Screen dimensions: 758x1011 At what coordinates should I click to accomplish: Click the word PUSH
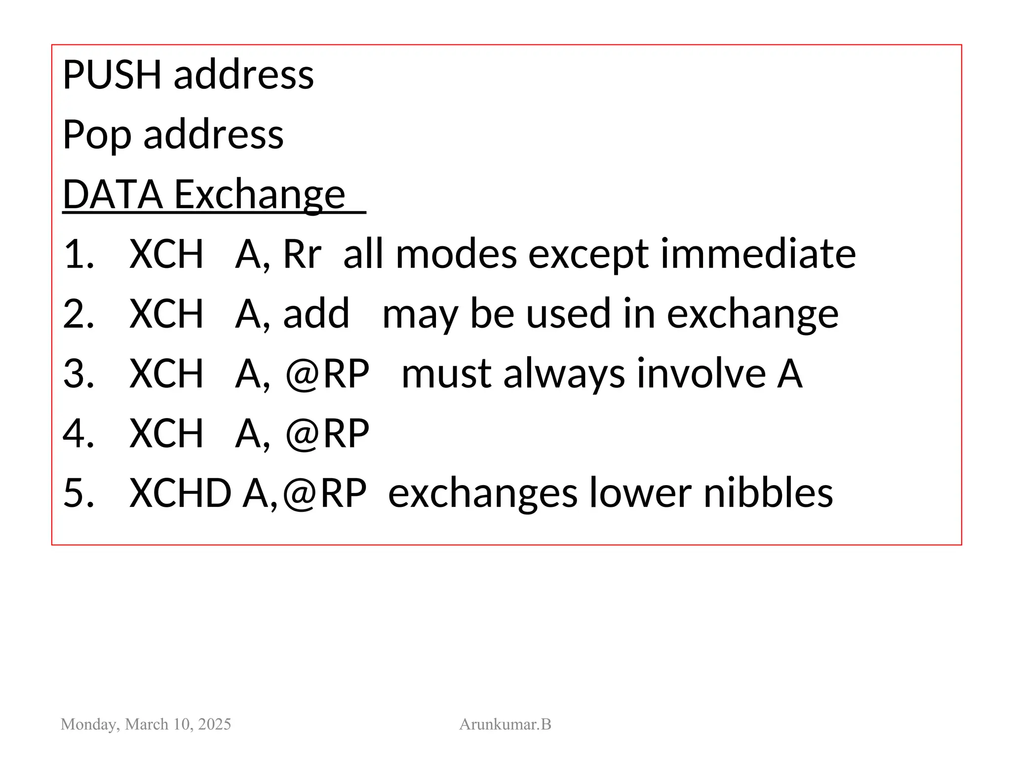[x=112, y=75]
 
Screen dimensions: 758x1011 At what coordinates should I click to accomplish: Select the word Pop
[x=97, y=135]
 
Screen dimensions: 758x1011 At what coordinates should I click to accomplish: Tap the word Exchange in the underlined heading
[x=260, y=194]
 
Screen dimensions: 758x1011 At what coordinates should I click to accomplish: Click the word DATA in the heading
[x=113, y=194]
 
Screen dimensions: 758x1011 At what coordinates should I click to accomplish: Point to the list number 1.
[x=78, y=254]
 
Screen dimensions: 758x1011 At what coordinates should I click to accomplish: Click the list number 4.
[x=78, y=434]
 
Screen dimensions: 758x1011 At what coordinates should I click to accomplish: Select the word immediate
[x=758, y=254]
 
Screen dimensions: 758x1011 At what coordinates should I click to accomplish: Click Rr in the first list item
[x=302, y=255]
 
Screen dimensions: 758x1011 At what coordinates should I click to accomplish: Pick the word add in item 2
[x=316, y=314]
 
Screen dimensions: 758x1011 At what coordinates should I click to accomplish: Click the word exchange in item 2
[x=752, y=315]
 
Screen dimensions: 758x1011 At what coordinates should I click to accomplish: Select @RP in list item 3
[x=327, y=374]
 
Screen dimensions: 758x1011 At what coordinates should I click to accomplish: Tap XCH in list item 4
[x=166, y=434]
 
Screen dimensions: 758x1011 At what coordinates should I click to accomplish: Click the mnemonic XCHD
[x=180, y=493]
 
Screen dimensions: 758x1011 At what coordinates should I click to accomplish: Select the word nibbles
[x=768, y=493]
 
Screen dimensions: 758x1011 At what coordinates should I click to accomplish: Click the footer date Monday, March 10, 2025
[x=146, y=724]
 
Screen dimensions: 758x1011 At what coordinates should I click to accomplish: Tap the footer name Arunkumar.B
[x=505, y=724]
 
